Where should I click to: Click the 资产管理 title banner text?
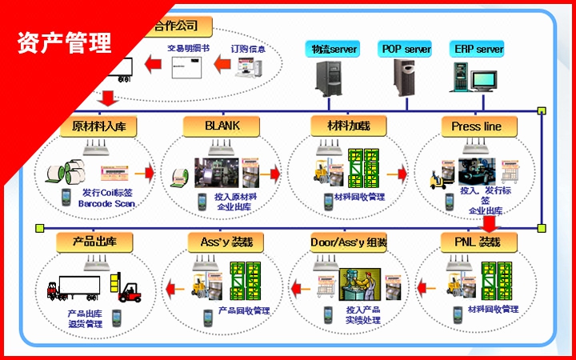click(x=64, y=42)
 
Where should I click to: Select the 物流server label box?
click(x=334, y=49)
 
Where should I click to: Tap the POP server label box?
click(x=406, y=49)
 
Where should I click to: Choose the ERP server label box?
click(x=478, y=49)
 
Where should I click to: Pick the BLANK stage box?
click(x=222, y=126)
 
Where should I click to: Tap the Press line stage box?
click(x=476, y=126)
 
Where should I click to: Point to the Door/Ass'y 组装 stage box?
click(x=348, y=242)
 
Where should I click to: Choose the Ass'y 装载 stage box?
click(x=221, y=242)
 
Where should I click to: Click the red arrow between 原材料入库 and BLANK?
click(x=144, y=173)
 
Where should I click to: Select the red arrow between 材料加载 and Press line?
click(x=395, y=173)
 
